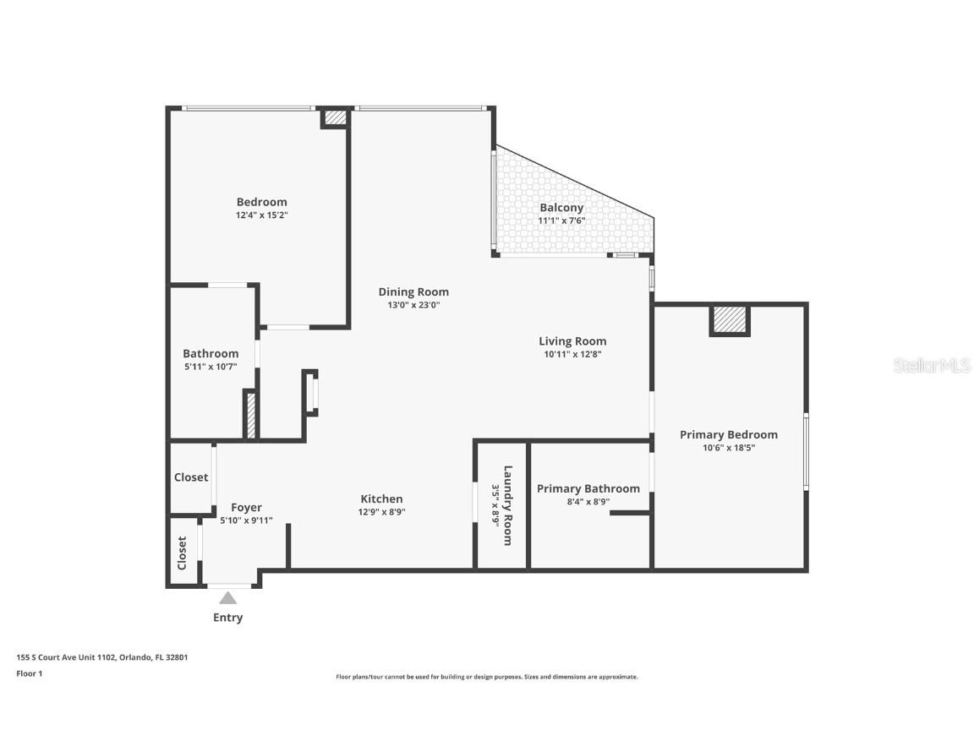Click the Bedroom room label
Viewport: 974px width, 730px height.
coord(261,202)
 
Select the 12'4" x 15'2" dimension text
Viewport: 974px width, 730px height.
coord(261,215)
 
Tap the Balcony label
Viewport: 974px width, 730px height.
coord(561,208)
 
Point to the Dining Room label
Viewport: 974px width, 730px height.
coord(413,292)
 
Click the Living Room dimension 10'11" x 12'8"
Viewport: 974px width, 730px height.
coord(572,355)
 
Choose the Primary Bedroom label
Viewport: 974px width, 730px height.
coord(728,435)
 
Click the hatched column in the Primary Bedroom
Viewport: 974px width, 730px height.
coord(730,320)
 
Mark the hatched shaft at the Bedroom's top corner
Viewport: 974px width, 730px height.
coord(335,118)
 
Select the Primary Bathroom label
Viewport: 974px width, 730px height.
coord(588,488)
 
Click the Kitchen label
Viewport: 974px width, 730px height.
coord(381,499)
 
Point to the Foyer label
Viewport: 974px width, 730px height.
coord(246,508)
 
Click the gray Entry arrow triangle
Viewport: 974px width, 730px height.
coord(227,598)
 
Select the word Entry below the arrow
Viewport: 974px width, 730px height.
coord(227,618)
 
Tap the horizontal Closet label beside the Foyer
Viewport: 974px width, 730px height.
coord(191,477)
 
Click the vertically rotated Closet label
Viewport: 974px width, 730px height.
coord(182,553)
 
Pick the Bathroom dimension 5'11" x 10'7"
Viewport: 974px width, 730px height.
coord(211,367)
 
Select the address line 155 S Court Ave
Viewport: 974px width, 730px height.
coord(101,656)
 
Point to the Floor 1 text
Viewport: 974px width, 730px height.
coord(29,673)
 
